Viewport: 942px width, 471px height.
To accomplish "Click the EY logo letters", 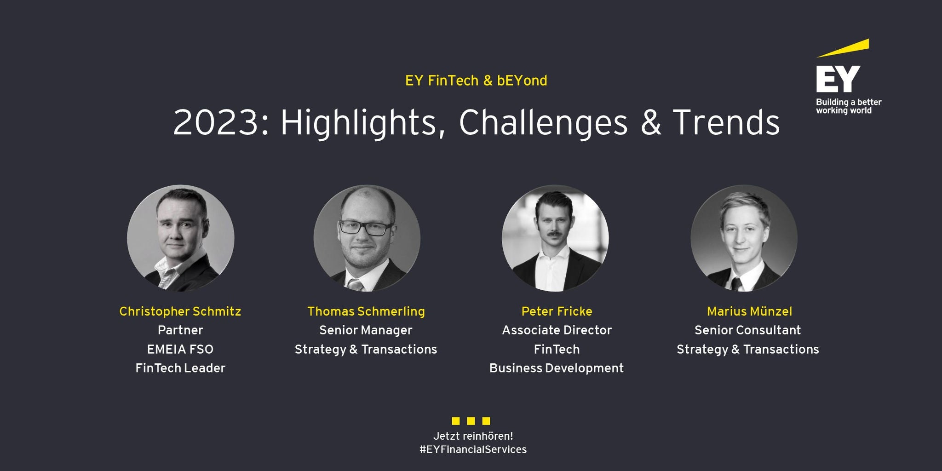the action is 838,79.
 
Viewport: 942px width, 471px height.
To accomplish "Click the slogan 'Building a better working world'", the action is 849,106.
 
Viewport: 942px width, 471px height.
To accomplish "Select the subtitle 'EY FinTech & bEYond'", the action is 476,81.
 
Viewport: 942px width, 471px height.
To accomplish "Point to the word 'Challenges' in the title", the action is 543,123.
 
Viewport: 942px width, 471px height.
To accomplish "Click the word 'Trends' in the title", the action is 726,123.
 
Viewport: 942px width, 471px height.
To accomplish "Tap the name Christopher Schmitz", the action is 180,312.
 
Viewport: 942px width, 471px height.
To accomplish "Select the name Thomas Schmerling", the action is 366,312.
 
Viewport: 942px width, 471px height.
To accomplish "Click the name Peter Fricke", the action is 557,312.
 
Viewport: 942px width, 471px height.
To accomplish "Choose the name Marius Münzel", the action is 750,312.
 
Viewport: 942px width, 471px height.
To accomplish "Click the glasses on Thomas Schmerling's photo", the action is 366,228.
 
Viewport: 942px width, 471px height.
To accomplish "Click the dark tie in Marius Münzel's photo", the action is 737,284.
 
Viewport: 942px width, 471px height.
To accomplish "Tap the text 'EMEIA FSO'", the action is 180,350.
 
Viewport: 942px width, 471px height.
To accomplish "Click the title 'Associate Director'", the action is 557,330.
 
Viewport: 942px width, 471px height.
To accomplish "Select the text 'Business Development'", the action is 557,368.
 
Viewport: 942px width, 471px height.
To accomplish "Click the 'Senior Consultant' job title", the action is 748,330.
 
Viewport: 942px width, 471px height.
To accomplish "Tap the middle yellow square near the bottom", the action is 471,421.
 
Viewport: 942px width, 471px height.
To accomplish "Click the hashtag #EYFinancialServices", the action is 473,450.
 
